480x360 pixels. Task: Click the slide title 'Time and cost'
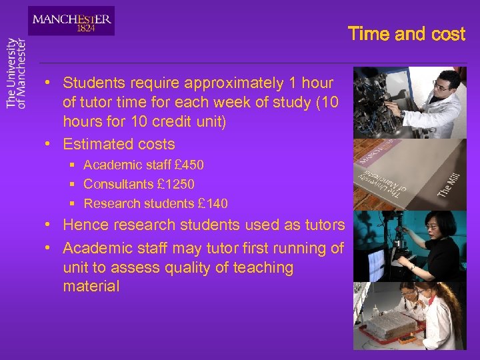[x=406, y=34]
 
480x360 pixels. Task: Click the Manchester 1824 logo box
[x=71, y=21]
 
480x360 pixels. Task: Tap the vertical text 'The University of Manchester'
[x=16, y=73]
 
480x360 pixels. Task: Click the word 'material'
[x=91, y=287]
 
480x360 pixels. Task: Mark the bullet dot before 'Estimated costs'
[x=49, y=144]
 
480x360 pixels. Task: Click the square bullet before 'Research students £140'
[x=71, y=203]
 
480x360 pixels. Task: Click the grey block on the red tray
[x=393, y=325]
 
